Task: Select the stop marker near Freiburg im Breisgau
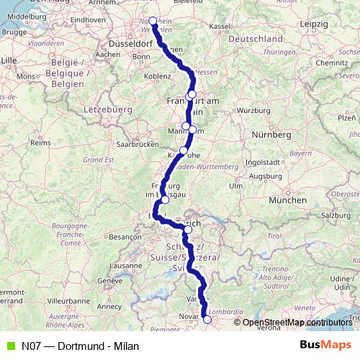165,200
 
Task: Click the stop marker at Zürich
188,230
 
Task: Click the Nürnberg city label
271,134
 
